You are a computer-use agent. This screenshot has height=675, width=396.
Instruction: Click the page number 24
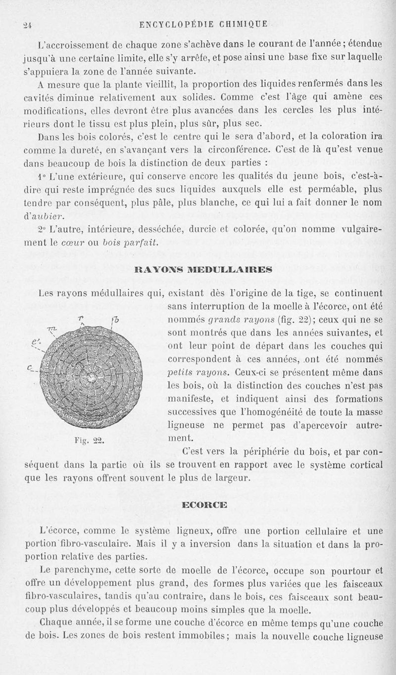click(27, 23)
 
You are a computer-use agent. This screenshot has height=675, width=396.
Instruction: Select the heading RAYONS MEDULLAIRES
click(201, 270)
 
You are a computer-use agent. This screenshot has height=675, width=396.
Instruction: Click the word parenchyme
click(90, 570)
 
